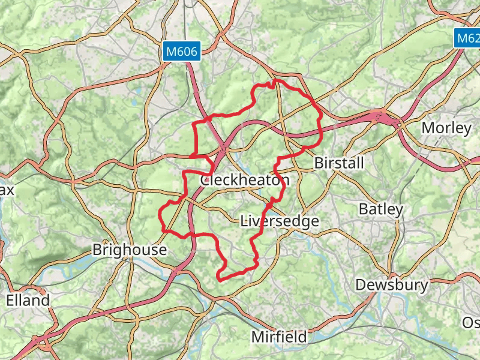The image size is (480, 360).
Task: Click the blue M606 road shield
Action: (182, 52)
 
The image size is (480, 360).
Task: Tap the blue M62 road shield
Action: (466, 38)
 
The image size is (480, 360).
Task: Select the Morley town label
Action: (446, 128)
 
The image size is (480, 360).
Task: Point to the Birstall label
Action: (339, 163)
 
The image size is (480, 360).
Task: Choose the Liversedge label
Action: (279, 221)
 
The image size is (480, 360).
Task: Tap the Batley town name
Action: (381, 209)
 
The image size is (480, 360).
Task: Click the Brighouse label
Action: (129, 250)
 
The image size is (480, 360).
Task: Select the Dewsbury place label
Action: (392, 284)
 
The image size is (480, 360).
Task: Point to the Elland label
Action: (28, 301)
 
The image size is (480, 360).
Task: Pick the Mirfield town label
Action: (279, 337)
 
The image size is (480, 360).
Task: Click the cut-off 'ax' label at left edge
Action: (7, 190)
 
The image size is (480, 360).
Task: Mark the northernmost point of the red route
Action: (275, 80)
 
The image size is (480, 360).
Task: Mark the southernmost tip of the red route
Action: (220, 279)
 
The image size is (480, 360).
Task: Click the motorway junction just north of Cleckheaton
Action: (223, 146)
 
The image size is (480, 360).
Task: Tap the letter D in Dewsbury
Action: (361, 284)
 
